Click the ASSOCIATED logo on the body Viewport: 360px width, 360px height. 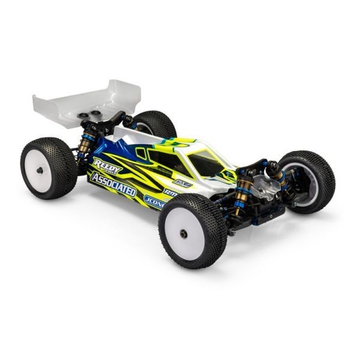112,184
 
